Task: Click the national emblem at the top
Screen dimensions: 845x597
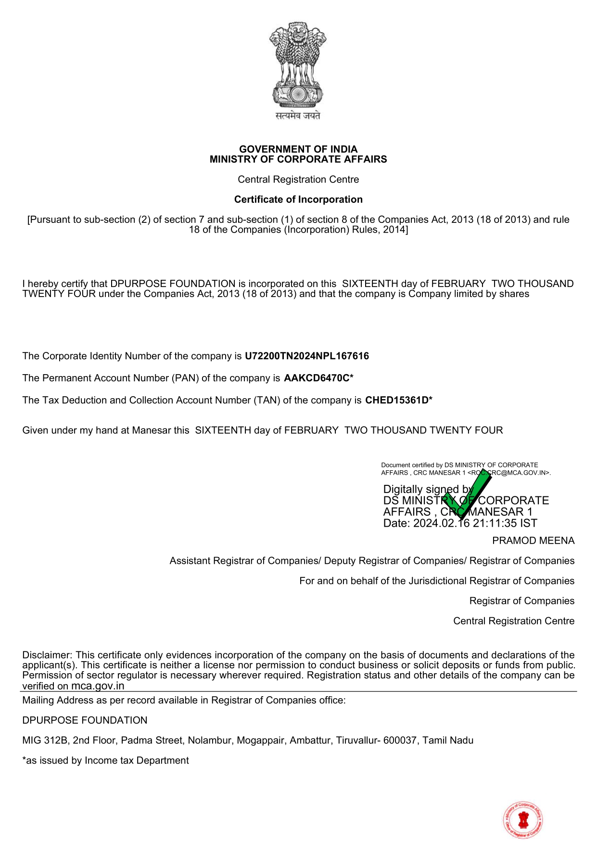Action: coord(298,65)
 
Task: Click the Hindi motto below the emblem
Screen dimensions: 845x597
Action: coord(298,116)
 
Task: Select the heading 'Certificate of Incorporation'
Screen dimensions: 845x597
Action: coord(298,199)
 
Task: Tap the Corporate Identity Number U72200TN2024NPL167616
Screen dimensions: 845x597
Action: coord(306,356)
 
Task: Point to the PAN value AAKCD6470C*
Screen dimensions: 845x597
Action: coord(318,378)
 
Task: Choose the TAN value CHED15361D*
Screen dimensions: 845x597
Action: coord(399,400)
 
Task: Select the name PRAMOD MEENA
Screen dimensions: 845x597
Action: coord(533,541)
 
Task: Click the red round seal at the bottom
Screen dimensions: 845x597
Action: coord(523,819)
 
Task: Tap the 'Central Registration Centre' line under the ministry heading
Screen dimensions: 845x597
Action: coord(298,180)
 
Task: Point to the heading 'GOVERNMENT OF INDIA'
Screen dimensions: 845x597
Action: coord(298,149)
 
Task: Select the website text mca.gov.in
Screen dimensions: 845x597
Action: coord(98,686)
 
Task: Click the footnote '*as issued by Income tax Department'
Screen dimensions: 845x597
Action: coord(105,760)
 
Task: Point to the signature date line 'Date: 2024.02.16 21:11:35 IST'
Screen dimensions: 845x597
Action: coord(460,523)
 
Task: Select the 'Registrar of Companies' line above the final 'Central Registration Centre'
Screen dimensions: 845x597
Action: coord(521,601)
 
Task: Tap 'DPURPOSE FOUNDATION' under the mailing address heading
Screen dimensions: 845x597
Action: coord(85,720)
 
